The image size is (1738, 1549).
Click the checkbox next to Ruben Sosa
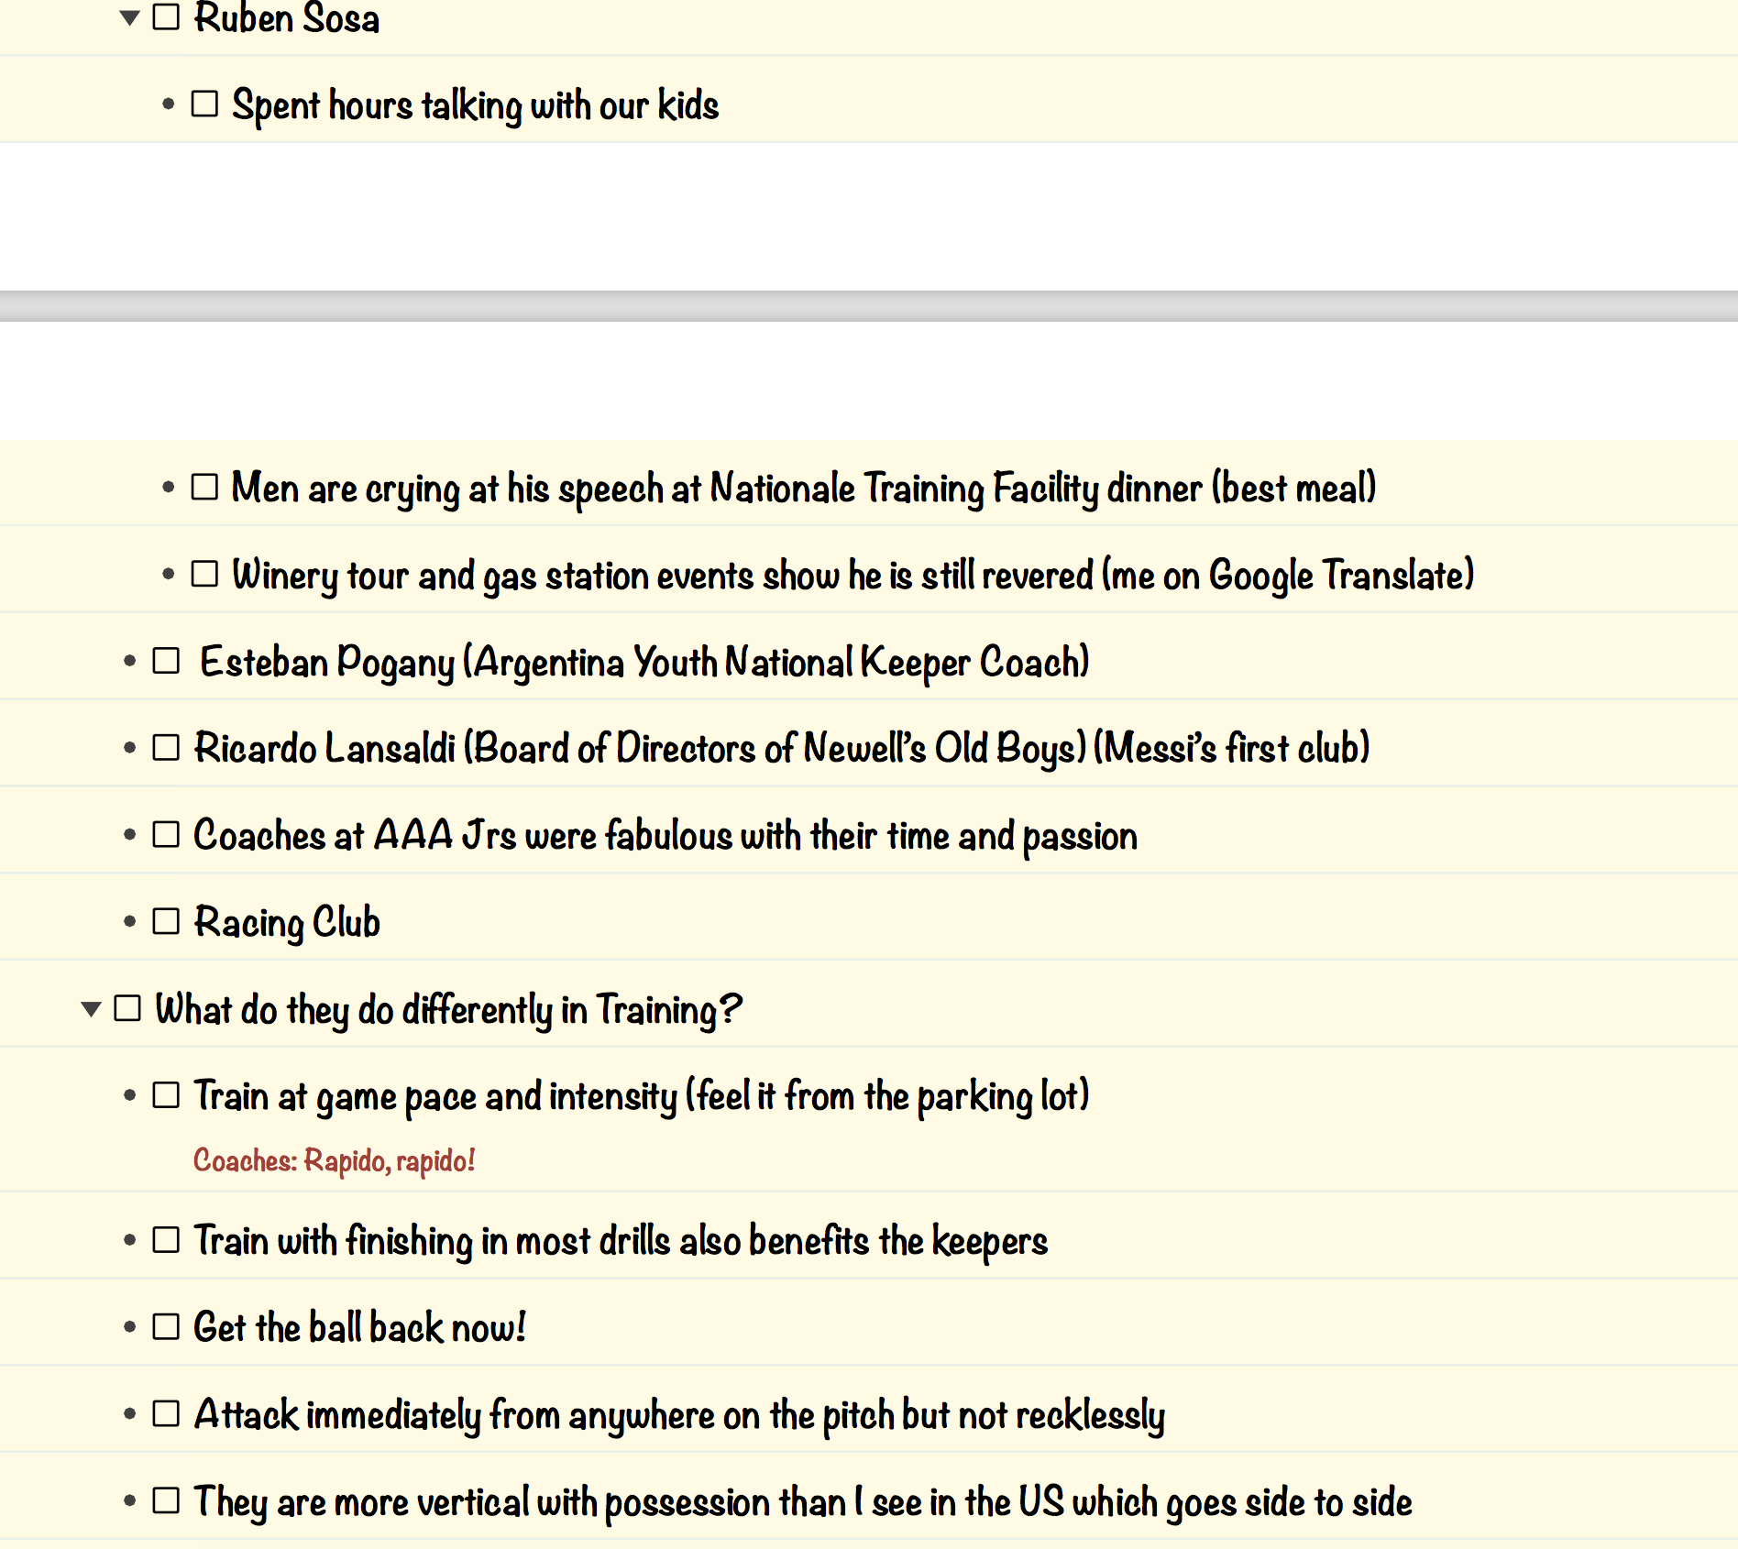click(x=166, y=16)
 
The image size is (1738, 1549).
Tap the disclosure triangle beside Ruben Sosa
click(x=129, y=16)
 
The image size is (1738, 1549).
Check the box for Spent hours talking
click(x=204, y=104)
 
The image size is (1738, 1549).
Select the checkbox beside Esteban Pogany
click(x=166, y=661)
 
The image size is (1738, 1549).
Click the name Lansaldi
click(x=390, y=748)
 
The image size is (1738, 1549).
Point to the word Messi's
click(x=1160, y=748)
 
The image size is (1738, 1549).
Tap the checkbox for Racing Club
click(x=166, y=921)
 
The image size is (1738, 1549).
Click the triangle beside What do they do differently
click(x=91, y=1009)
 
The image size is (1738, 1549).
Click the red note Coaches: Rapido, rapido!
click(x=334, y=1160)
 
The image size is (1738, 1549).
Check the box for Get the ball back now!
click(x=166, y=1326)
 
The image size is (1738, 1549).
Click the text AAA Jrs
click(x=445, y=835)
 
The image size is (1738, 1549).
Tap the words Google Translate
click(x=1340, y=576)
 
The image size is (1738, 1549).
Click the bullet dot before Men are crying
click(x=168, y=488)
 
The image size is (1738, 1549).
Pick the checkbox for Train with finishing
click(x=166, y=1239)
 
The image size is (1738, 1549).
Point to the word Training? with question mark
click(x=668, y=1010)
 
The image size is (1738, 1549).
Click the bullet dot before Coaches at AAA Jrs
click(x=129, y=835)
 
